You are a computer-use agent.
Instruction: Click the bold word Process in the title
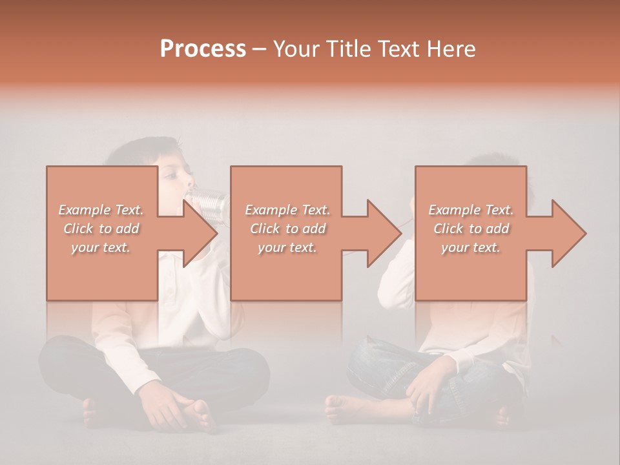click(x=203, y=49)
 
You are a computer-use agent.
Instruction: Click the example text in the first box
click(x=101, y=229)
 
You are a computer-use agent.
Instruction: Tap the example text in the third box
click(x=471, y=229)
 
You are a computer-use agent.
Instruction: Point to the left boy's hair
click(x=139, y=150)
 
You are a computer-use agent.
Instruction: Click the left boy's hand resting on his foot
click(x=165, y=408)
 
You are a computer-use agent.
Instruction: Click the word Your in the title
click(x=294, y=49)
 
